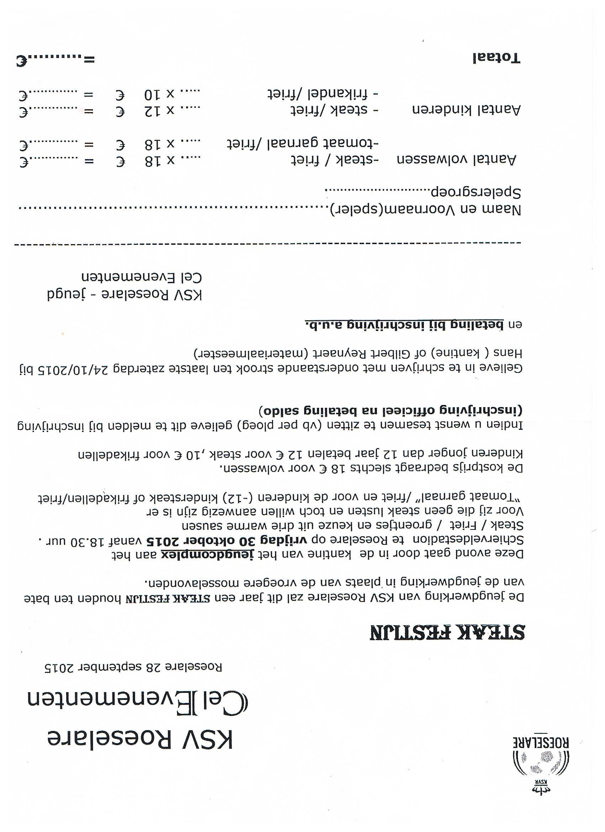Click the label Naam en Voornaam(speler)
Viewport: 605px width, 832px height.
point(426,210)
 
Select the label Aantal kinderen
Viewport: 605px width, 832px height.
point(466,109)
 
